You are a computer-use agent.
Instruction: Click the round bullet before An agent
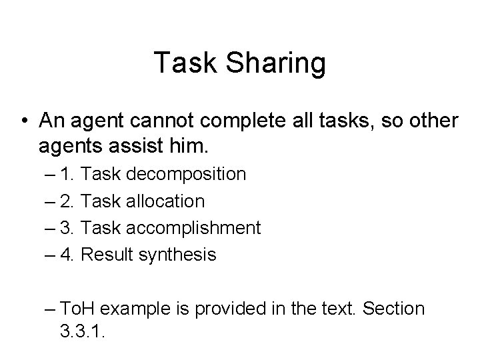pos(24,121)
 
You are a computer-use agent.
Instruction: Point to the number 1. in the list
pos(67,175)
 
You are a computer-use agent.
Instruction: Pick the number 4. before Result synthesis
pos(67,254)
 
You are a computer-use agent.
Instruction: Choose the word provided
pos(213,309)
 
